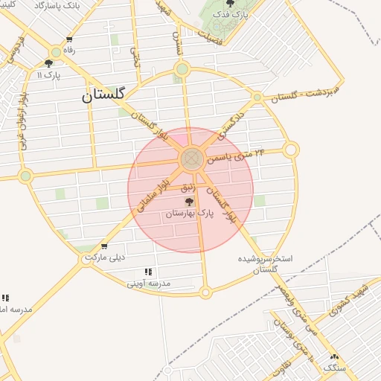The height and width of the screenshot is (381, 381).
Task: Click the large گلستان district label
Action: click(x=103, y=95)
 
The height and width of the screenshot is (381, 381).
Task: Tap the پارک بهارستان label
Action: click(x=189, y=213)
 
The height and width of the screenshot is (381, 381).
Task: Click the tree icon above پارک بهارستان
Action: click(x=189, y=202)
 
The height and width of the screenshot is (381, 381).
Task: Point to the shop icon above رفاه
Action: click(x=69, y=40)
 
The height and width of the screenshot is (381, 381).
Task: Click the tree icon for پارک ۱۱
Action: click(x=48, y=64)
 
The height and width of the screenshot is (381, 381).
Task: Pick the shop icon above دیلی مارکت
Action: click(x=103, y=247)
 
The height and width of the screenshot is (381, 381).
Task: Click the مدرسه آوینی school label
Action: click(x=148, y=283)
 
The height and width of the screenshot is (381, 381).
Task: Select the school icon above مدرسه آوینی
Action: click(x=148, y=272)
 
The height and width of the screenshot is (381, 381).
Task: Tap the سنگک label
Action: click(x=335, y=368)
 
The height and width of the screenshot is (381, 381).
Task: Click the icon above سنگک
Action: click(x=334, y=357)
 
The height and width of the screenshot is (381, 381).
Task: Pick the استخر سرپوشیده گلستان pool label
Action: click(x=266, y=263)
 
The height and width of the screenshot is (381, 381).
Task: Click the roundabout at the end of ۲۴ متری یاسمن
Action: click(x=291, y=150)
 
